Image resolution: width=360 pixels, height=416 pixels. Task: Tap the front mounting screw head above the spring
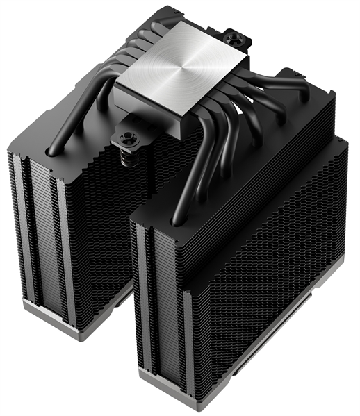click(x=130, y=137)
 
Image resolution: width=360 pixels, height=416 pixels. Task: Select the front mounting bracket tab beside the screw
click(x=115, y=142)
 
